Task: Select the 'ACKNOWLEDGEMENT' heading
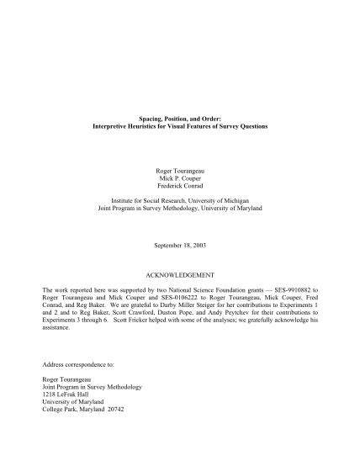pyautogui.click(x=179, y=275)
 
